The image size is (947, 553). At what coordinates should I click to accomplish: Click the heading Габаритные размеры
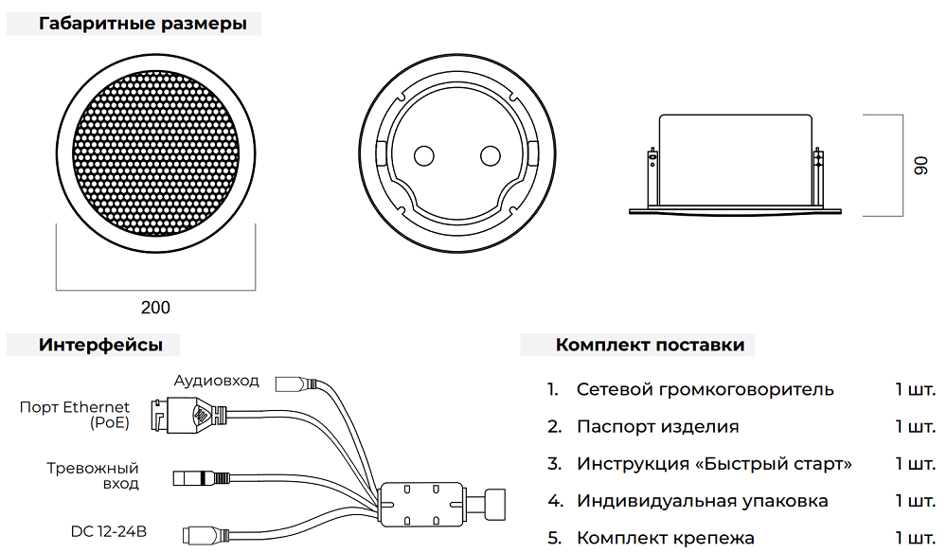point(143,24)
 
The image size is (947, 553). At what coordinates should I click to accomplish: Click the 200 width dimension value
point(155,307)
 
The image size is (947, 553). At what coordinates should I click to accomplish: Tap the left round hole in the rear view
point(424,155)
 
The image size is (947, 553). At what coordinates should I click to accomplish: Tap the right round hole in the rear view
point(491,155)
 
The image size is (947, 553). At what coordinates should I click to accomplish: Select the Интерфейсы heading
point(100,345)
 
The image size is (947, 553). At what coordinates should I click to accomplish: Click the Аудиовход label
point(216,381)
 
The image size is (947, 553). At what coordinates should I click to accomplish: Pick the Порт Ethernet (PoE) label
point(76,415)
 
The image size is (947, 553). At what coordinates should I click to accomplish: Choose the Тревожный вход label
point(93,475)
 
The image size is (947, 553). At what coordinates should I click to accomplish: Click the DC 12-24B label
point(109,531)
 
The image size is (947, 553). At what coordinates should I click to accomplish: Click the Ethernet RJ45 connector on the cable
point(186,414)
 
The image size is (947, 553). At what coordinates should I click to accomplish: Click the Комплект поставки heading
point(650,345)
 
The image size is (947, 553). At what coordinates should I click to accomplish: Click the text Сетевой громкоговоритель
point(705,389)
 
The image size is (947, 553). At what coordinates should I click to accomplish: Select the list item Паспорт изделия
point(657,426)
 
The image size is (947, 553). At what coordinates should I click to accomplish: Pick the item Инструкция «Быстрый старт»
point(714,464)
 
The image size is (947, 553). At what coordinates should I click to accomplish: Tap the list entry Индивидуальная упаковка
point(702,501)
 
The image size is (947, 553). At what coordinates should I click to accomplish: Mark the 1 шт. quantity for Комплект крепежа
point(915,538)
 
